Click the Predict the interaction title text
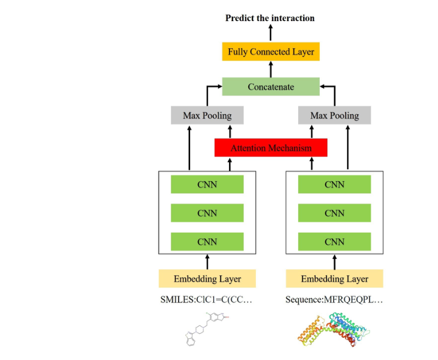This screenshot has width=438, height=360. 270,18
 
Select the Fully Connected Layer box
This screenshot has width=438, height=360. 271,51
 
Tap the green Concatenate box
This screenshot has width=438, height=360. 271,87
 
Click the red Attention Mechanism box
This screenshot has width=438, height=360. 271,148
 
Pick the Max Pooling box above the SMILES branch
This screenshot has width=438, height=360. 207,115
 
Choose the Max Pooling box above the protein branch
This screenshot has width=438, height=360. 335,115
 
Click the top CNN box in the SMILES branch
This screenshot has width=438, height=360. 207,185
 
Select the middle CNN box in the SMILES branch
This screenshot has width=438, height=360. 207,213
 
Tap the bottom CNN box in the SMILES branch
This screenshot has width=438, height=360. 207,242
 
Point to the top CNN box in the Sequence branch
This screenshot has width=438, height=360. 335,185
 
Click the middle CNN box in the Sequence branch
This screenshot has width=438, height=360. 335,213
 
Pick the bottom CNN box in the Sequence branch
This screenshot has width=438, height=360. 335,242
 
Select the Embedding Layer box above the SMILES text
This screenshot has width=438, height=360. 207,279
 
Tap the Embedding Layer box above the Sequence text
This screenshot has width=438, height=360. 335,279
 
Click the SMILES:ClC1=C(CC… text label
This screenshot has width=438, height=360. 206,299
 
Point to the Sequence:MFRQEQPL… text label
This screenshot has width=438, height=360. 334,299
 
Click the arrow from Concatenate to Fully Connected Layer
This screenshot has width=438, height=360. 271,69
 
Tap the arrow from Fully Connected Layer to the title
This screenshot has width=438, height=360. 271,33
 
